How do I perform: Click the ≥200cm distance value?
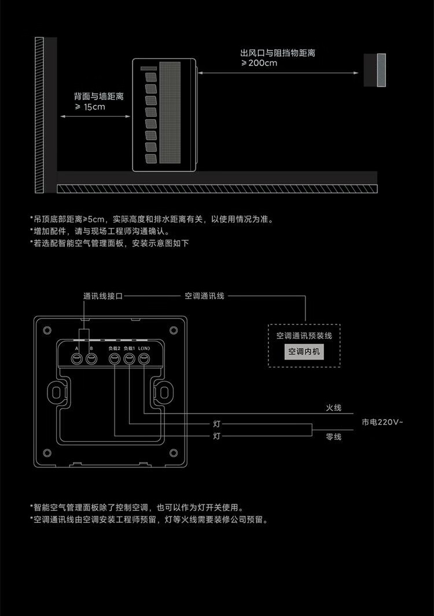pyautogui.click(x=259, y=63)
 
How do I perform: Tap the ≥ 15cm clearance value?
pyautogui.click(x=90, y=107)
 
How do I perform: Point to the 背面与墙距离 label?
pyautogui.click(x=98, y=96)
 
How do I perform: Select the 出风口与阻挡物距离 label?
pyautogui.click(x=278, y=53)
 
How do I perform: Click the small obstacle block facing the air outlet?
pyautogui.click(x=375, y=70)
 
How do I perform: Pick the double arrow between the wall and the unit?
pyautogui.click(x=95, y=116)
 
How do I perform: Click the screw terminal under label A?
pyautogui.click(x=76, y=359)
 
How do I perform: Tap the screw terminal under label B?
pyautogui.click(x=91, y=359)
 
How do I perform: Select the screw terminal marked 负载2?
pyautogui.click(x=115, y=359)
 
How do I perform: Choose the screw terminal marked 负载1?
pyautogui.click(x=130, y=359)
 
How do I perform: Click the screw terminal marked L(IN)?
pyautogui.click(x=144, y=359)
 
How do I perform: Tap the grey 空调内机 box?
pyautogui.click(x=303, y=352)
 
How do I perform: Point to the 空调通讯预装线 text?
pyautogui.click(x=304, y=335)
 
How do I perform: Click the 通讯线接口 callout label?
pyautogui.click(x=103, y=296)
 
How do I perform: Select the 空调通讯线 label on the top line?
pyautogui.click(x=204, y=296)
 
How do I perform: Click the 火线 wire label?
pyautogui.click(x=333, y=408)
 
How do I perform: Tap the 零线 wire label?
pyautogui.click(x=333, y=437)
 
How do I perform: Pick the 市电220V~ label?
pyautogui.click(x=382, y=423)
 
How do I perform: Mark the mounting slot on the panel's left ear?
pyautogui.click(x=56, y=392)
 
